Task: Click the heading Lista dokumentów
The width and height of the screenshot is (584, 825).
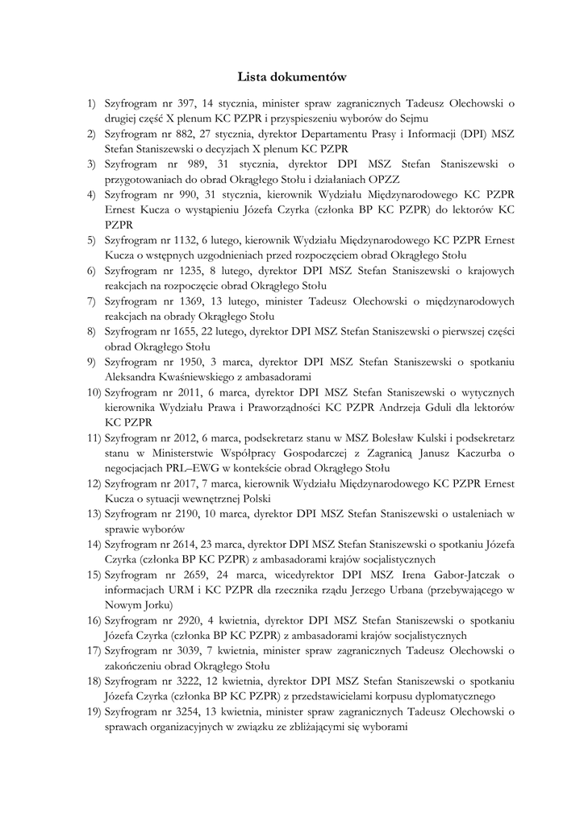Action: coord(292,77)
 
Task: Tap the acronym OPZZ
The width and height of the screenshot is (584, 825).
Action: coord(388,179)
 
